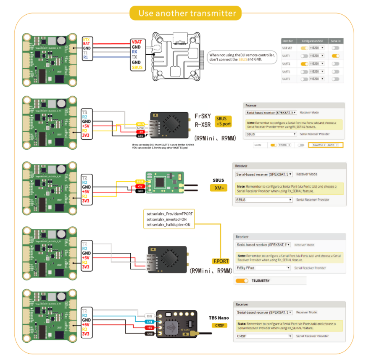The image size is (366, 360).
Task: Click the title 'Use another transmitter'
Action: pos(187,13)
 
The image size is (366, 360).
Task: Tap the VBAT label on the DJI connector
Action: pos(137,42)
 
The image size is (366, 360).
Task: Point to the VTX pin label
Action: pos(86,39)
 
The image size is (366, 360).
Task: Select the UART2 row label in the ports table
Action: pos(287,64)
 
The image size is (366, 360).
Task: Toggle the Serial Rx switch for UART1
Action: pos(335,56)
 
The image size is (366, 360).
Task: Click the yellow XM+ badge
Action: pos(219,188)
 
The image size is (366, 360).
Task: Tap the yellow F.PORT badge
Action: pos(221,261)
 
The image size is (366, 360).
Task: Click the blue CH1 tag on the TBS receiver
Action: pos(149,321)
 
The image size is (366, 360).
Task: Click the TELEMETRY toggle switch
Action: pos(242,281)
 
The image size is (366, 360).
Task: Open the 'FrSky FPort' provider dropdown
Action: pos(263,268)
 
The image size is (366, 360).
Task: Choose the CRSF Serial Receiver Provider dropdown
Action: pos(263,336)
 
